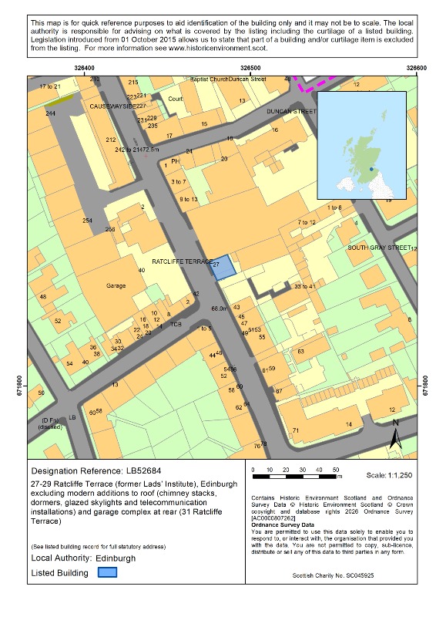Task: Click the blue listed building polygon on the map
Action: click(222, 268)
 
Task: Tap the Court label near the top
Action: click(176, 99)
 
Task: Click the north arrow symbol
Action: click(394, 436)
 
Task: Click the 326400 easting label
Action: click(86, 68)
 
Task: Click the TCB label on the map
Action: click(175, 324)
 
